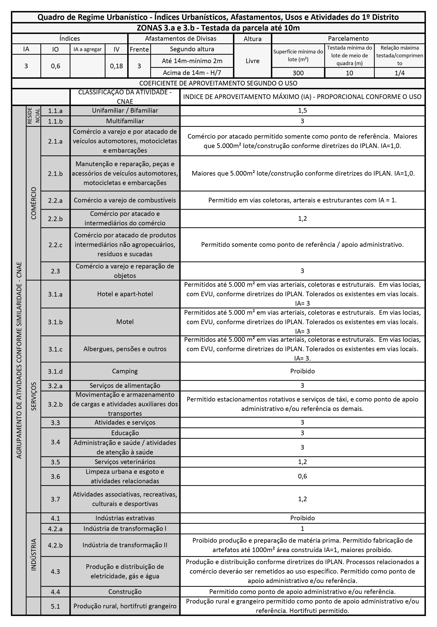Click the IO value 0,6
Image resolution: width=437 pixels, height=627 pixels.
(x=56, y=66)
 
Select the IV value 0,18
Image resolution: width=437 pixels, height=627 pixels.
(x=116, y=66)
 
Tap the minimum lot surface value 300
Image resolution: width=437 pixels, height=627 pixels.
(x=298, y=73)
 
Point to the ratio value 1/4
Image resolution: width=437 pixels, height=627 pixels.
(x=400, y=73)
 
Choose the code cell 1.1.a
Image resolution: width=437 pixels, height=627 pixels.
(x=56, y=111)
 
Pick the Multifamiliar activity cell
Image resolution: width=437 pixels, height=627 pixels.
(x=125, y=121)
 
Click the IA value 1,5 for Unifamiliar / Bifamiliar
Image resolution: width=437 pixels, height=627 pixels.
(x=302, y=111)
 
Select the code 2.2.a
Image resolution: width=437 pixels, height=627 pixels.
(x=56, y=200)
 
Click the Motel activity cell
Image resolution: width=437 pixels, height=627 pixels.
(x=125, y=322)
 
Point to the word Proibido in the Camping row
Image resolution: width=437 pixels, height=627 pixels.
(x=302, y=371)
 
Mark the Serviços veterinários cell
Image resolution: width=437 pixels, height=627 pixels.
(x=125, y=462)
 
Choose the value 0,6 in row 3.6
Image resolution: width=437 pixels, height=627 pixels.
(x=302, y=476)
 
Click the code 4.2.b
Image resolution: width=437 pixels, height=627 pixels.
(x=56, y=545)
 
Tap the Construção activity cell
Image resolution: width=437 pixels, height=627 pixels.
(x=125, y=592)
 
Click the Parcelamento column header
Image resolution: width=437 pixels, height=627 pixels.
(x=348, y=38)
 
